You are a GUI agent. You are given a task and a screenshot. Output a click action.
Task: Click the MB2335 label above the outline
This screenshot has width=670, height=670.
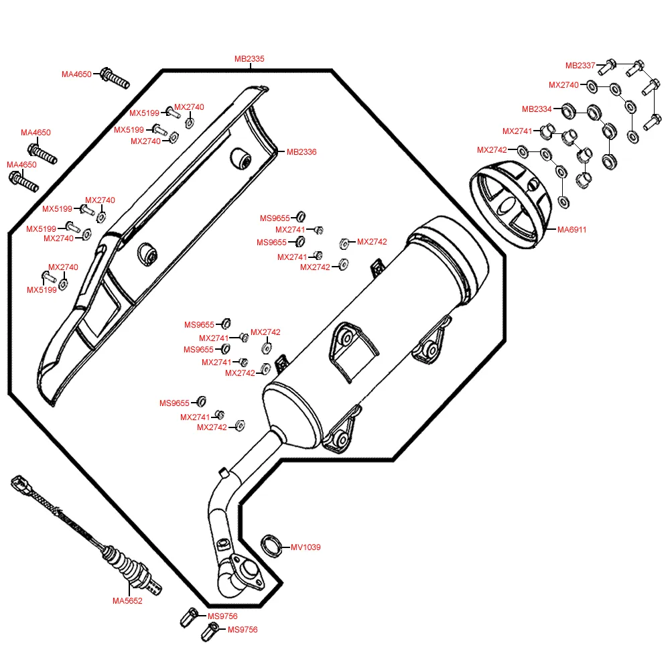pos(249,59)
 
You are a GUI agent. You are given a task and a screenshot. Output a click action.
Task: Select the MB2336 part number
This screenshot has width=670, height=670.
pos(301,152)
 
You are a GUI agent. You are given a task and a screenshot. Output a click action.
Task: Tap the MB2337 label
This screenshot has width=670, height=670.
pos(580,65)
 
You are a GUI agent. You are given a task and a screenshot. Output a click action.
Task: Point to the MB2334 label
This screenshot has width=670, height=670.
pos(537,109)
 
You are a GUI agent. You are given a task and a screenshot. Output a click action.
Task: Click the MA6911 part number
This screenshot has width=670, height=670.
pos(572,230)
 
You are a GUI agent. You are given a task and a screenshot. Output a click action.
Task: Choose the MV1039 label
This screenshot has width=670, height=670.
pos(306,547)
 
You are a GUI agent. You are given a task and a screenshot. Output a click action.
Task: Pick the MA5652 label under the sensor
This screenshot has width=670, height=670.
pos(127,601)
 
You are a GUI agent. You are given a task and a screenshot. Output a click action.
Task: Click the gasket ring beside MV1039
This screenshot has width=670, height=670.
pos(271,545)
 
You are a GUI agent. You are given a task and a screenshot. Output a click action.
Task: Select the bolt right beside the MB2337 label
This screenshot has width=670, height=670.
pos(607,66)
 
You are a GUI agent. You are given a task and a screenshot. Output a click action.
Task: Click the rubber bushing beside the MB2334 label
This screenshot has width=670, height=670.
pos(567,109)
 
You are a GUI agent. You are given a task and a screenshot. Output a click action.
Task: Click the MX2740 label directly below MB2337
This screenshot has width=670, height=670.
pos(563,85)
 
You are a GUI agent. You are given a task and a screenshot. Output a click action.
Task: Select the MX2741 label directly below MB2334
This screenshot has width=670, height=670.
pos(517,131)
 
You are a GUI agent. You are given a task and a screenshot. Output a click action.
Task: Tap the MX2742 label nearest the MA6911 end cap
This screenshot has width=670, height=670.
pos(492,150)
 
